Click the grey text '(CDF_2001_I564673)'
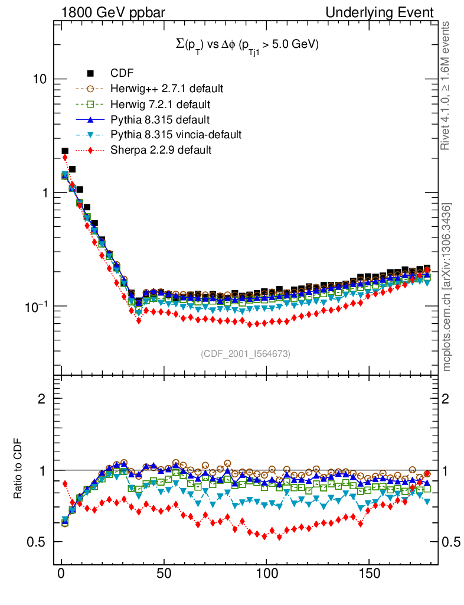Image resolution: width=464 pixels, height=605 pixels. tap(246, 353)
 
